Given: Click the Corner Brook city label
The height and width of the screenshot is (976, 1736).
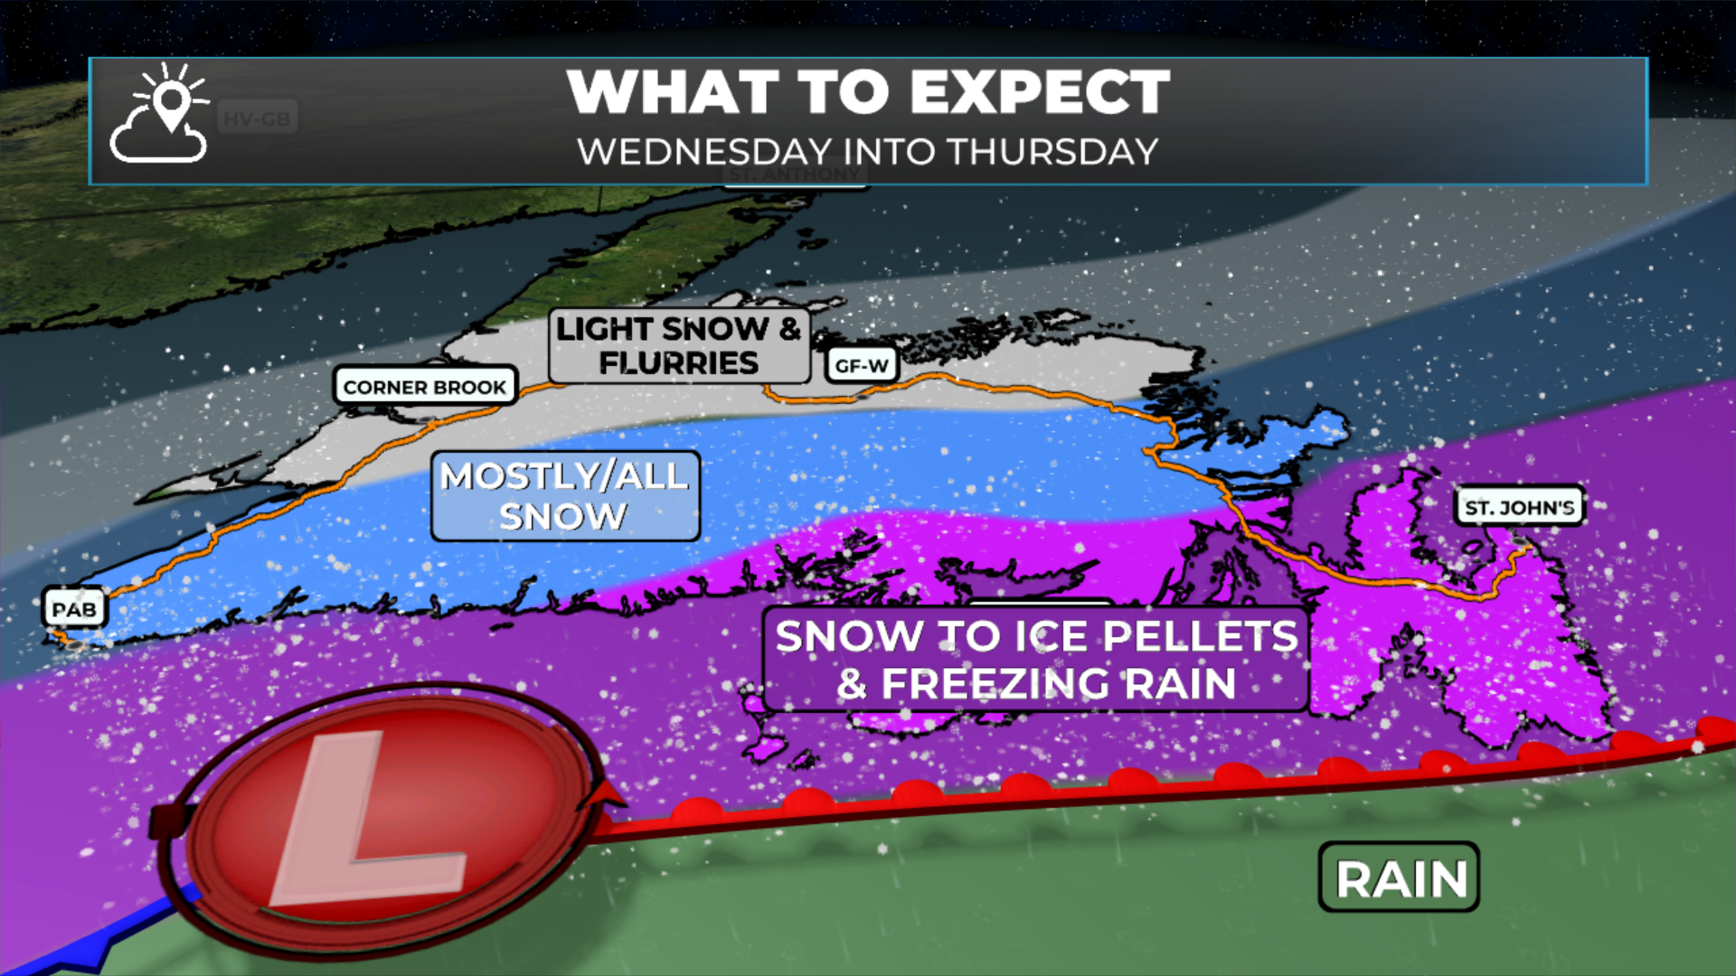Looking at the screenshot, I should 425,387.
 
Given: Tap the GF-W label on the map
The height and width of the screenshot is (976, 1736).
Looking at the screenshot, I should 862,365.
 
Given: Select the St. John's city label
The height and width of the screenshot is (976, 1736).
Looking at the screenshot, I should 1519,507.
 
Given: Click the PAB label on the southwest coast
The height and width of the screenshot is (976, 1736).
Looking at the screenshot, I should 74,609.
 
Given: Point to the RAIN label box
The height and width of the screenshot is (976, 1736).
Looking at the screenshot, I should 1400,878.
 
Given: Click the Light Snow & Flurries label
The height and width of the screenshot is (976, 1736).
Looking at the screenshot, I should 679,345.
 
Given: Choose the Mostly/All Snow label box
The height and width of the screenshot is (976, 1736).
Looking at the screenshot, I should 565,496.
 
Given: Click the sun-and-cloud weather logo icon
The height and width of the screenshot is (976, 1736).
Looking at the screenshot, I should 160,116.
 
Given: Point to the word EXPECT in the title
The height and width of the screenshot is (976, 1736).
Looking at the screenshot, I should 1040,92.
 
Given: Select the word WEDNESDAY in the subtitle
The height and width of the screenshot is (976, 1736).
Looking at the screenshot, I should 692,152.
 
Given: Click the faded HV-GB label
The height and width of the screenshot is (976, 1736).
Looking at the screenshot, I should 258,118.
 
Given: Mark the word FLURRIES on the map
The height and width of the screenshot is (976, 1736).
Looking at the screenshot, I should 679,363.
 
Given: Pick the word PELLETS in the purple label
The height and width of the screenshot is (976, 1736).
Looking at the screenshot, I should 1201,636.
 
